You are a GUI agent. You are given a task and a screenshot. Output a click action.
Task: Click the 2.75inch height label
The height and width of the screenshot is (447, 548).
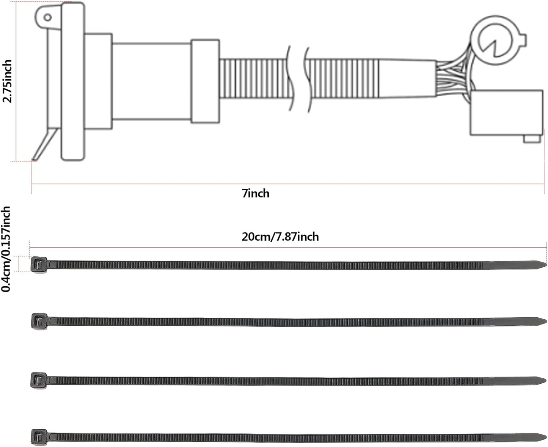[7, 81]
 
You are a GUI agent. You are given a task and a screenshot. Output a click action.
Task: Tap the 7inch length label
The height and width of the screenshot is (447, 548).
[256, 193]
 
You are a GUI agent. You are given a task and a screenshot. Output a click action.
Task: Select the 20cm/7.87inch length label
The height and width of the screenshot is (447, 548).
[280, 237]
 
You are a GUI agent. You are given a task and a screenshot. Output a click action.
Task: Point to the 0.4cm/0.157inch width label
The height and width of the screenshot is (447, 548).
[6, 249]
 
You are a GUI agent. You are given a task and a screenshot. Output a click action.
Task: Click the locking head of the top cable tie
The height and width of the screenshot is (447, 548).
[39, 265]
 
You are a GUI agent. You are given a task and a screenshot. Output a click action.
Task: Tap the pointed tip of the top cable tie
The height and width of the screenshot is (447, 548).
[546, 264]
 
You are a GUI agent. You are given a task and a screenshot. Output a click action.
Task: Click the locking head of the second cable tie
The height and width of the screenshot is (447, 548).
[39, 322]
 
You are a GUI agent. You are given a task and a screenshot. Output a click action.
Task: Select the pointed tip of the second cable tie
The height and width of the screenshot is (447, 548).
[546, 322]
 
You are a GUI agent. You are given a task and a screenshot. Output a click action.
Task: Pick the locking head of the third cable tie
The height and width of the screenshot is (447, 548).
[39, 381]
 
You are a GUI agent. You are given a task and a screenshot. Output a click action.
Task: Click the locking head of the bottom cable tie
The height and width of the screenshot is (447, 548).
[39, 437]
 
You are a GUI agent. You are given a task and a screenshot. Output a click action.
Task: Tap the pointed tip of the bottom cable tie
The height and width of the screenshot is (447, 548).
[546, 437]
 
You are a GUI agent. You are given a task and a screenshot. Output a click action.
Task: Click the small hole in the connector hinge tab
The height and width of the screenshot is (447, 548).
[47, 18]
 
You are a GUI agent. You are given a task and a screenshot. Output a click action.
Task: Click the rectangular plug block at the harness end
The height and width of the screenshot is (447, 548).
[506, 113]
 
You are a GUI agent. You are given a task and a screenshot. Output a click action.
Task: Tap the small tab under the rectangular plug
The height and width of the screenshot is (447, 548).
[532, 139]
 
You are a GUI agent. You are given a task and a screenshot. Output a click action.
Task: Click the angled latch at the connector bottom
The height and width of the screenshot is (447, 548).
[44, 144]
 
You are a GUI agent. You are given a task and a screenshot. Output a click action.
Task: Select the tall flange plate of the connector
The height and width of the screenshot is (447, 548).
[73, 81]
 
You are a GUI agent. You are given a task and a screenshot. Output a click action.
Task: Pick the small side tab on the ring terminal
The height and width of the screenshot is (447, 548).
[523, 42]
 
